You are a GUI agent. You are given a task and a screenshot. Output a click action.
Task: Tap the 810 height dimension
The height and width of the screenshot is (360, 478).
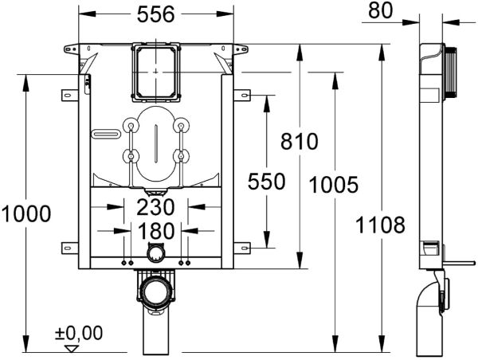point(300,141)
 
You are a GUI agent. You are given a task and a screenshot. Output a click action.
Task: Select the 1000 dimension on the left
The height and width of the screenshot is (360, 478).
point(25,213)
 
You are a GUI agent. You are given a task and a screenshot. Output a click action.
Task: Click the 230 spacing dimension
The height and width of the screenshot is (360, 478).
point(155,208)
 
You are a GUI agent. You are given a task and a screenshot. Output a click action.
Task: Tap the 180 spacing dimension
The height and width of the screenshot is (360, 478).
point(156,232)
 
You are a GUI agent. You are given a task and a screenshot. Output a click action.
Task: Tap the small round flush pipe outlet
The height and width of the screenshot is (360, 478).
point(156,253)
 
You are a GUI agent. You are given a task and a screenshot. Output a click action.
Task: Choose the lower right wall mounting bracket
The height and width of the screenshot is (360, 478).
point(243,245)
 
